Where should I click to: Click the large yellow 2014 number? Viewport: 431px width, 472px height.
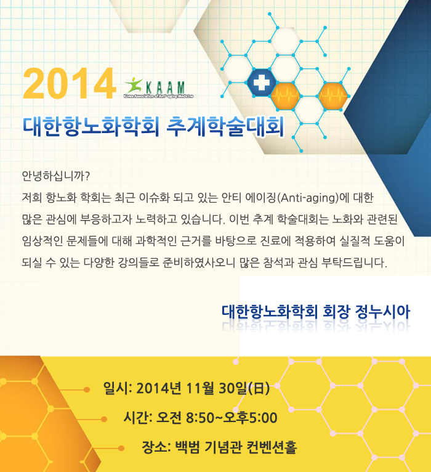click(69, 83)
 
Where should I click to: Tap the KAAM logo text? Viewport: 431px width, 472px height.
click(165, 87)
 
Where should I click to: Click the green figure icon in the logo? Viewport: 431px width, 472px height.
click(134, 85)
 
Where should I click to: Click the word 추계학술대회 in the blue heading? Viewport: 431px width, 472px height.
click(225, 126)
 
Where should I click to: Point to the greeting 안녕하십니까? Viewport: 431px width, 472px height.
click(56, 176)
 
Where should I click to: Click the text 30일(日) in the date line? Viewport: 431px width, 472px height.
click(244, 388)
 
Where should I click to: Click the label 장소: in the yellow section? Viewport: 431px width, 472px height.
click(156, 447)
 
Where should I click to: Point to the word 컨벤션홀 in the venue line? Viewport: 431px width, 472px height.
click(272, 447)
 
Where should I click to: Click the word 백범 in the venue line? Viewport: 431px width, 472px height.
click(187, 447)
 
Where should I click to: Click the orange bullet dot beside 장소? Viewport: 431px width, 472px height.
click(121, 449)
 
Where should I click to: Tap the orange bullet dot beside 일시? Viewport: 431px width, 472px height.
click(87, 390)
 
